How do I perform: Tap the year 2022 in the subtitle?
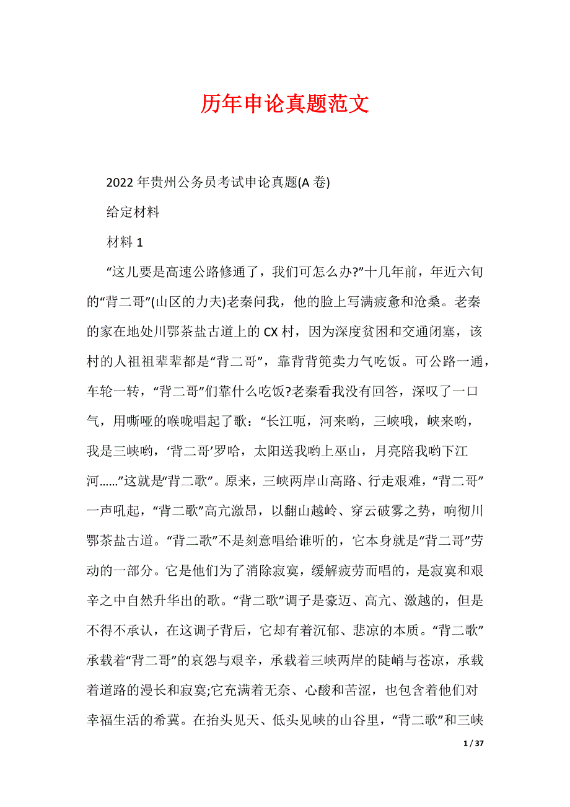coord(120,183)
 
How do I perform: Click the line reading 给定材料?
coord(133,213)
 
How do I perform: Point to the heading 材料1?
coord(125,242)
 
